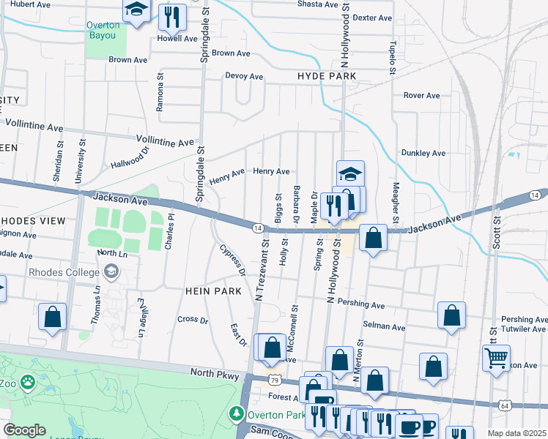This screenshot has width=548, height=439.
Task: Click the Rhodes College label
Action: [x=64, y=272]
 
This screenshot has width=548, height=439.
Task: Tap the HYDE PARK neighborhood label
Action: [x=327, y=76]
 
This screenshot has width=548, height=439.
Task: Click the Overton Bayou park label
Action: [x=103, y=30]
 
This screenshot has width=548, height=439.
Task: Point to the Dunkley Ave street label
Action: [x=423, y=153]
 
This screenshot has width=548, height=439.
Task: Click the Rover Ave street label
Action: [x=421, y=95]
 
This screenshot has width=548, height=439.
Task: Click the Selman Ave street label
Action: [x=388, y=327]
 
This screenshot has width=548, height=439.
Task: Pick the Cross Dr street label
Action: [x=193, y=319]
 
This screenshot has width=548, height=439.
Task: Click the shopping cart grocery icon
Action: [x=496, y=359]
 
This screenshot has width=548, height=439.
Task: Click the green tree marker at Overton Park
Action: [x=237, y=414]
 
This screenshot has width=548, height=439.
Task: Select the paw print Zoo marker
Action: [x=28, y=382]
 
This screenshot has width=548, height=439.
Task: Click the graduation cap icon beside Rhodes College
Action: [x=111, y=272]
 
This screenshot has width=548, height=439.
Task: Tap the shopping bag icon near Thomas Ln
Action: [x=52, y=317]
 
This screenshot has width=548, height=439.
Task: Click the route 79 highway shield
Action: [x=273, y=380]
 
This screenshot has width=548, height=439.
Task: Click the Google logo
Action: [x=23, y=430]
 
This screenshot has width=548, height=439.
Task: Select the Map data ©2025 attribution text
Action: [x=516, y=433]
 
